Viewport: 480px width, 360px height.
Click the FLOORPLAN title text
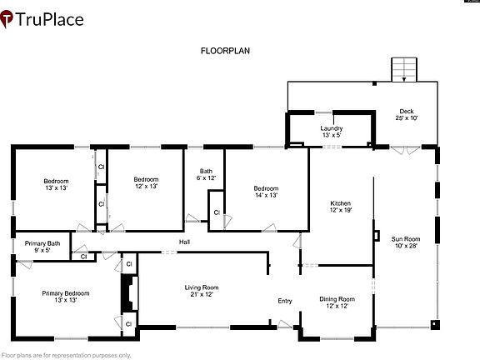click(x=225, y=51)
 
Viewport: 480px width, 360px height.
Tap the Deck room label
click(x=407, y=115)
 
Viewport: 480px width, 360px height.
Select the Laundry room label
click(x=331, y=131)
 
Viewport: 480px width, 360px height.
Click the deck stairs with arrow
click(x=404, y=69)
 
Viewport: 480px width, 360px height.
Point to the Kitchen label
click(x=340, y=207)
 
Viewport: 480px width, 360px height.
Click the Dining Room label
click(x=337, y=302)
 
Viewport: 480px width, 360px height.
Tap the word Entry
click(x=285, y=301)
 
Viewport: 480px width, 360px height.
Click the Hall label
click(x=185, y=242)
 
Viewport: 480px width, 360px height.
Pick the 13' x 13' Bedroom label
click(x=56, y=184)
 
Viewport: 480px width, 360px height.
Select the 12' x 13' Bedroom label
click(x=146, y=182)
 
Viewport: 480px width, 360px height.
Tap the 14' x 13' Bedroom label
click(x=266, y=192)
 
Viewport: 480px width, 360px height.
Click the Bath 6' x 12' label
click(x=206, y=174)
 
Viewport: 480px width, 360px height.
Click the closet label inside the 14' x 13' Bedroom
click(x=217, y=212)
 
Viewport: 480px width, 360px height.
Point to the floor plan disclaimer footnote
click(x=67, y=355)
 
